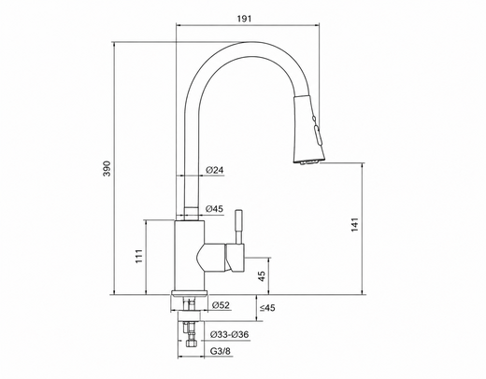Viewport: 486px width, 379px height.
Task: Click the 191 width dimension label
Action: tap(244, 19)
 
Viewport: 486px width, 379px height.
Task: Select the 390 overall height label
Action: tap(107, 168)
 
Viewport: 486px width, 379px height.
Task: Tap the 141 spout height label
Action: tap(355, 224)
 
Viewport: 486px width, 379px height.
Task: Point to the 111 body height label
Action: tap(139, 256)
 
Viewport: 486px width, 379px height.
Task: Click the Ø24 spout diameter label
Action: tap(215, 170)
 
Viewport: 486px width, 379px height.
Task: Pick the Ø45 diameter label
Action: tap(215, 209)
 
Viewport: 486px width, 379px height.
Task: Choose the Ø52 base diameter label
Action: tap(221, 305)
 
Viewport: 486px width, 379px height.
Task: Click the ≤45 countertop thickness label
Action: tap(267, 308)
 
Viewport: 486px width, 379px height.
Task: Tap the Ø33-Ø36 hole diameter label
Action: tap(230, 335)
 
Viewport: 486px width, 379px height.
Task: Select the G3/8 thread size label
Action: tap(221, 351)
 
